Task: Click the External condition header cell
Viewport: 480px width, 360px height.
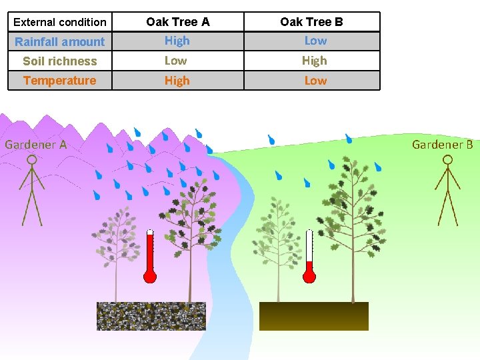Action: tap(60, 22)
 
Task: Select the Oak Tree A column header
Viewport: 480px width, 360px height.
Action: tap(177, 22)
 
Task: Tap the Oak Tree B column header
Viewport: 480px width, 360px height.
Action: tap(311, 22)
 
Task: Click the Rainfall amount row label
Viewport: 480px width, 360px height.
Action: tap(60, 41)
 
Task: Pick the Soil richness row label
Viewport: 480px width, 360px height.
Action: tap(60, 61)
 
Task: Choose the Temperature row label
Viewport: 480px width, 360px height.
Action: tap(60, 81)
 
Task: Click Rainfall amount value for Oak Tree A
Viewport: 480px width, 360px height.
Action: tap(177, 41)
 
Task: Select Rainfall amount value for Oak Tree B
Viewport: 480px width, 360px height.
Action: tap(315, 41)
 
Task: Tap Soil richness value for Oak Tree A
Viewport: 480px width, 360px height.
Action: tap(176, 61)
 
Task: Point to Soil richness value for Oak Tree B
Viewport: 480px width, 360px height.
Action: tap(314, 61)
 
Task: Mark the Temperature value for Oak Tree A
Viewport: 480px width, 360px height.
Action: tap(177, 81)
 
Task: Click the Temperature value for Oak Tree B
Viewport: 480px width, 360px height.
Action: tap(315, 81)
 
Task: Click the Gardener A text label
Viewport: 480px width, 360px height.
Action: tap(36, 144)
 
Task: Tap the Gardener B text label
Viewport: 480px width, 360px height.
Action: tap(443, 144)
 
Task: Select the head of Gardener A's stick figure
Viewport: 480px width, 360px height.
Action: tap(31, 161)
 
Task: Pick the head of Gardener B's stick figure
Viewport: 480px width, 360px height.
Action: tap(448, 160)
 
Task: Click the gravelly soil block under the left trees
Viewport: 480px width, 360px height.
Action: tap(151, 316)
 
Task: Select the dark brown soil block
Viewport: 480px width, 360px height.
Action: tap(313, 316)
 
